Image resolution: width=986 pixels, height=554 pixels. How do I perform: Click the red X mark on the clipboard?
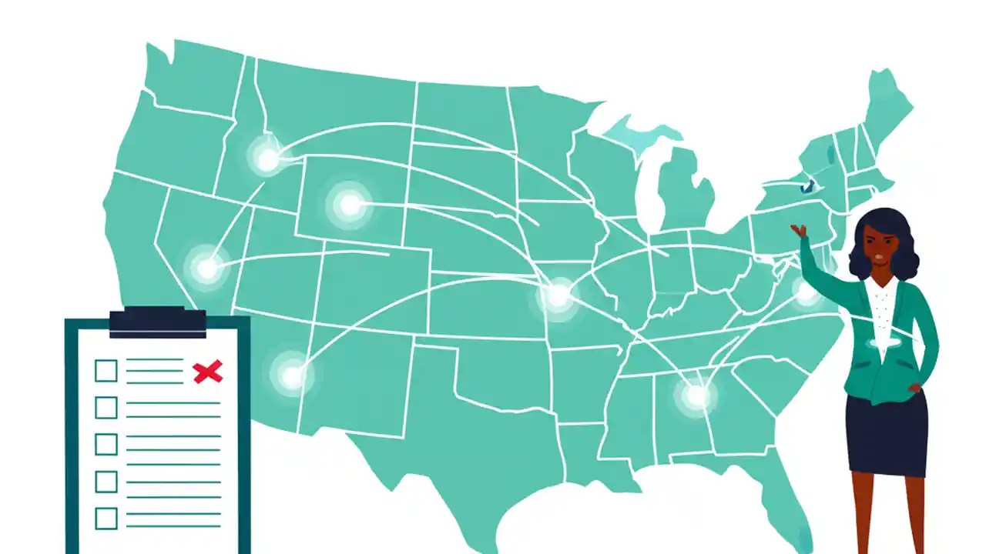click(207, 372)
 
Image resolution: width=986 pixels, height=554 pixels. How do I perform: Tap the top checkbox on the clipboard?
click(106, 371)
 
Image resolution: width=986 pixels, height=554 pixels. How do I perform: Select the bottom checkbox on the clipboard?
click(106, 518)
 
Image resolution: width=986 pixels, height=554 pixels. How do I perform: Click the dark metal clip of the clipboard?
click(157, 322)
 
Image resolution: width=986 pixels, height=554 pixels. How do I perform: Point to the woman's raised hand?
click(798, 230)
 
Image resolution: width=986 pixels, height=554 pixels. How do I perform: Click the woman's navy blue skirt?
click(886, 435)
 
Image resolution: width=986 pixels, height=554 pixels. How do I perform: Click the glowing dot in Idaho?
click(267, 159)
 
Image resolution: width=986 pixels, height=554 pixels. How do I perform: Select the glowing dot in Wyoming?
click(350, 205)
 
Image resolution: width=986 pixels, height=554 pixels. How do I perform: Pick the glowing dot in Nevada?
click(206, 269)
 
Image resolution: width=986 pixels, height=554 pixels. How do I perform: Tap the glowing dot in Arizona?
click(291, 376)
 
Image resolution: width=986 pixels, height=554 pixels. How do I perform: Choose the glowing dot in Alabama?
click(696, 395)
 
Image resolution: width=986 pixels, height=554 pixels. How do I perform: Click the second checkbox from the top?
click(106, 408)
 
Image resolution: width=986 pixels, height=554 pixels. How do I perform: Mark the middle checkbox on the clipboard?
click(106, 445)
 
